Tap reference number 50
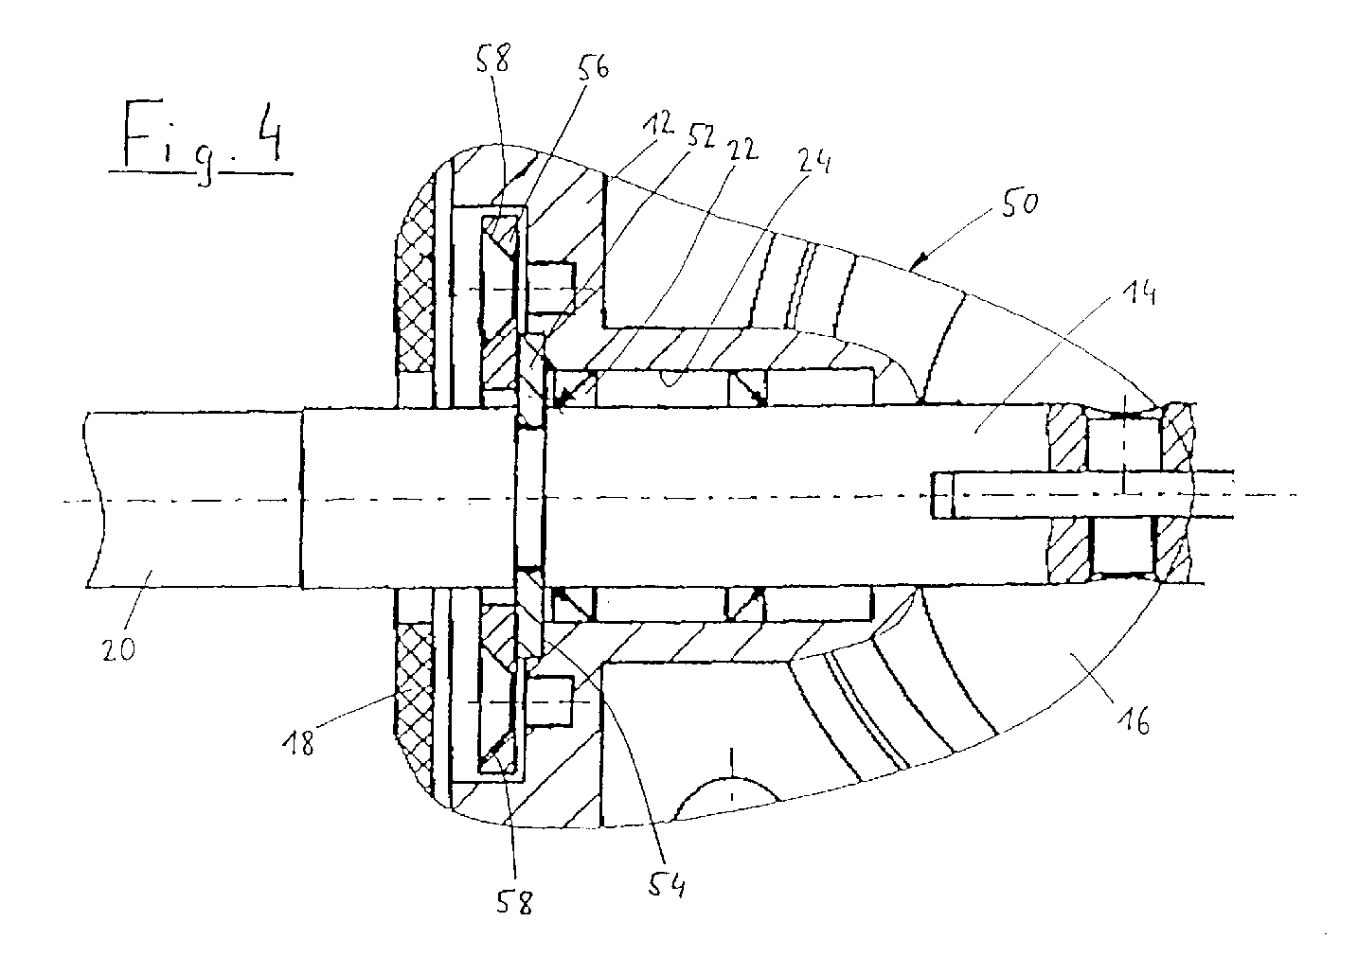click(1020, 203)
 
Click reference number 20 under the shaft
click(118, 649)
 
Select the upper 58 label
click(492, 59)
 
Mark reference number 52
click(700, 137)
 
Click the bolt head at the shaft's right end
click(941, 495)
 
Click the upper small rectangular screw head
click(551, 288)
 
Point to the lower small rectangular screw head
click(550, 700)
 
